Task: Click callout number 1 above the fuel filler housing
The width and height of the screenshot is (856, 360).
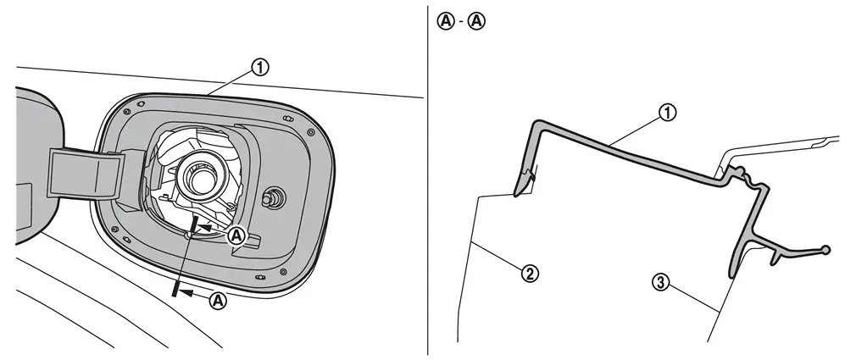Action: (x=260, y=68)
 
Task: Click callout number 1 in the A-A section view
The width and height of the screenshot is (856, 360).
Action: (x=667, y=113)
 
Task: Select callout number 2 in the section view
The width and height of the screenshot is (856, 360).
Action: (x=529, y=274)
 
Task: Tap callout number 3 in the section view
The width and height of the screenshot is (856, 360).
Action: (x=661, y=283)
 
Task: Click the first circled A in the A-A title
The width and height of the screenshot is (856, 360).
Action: (x=446, y=21)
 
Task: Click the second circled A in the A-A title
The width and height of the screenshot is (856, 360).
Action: (x=476, y=21)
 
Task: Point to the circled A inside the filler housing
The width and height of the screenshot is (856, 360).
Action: (x=236, y=235)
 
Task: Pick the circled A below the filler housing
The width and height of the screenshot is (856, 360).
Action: (x=218, y=301)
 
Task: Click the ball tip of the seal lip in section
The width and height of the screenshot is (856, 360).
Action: (x=825, y=249)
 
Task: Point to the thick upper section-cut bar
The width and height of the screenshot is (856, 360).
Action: (x=194, y=224)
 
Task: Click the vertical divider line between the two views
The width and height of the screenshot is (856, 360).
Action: (x=428, y=180)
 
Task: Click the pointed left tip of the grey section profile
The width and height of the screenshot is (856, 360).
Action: (x=514, y=193)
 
